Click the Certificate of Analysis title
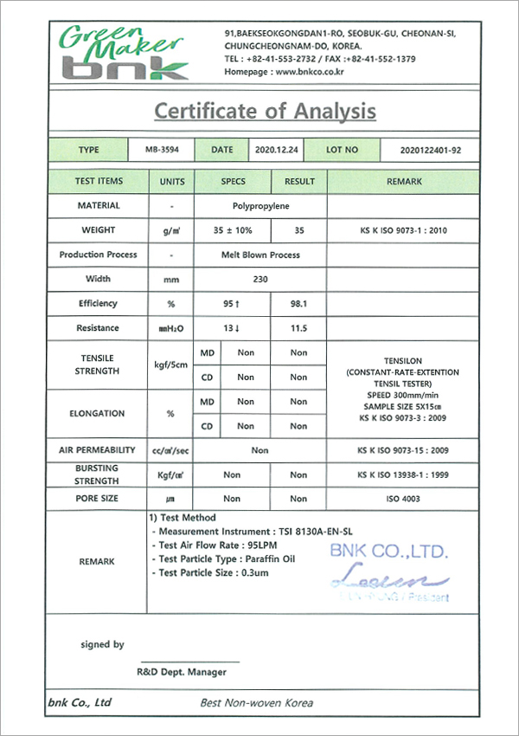tap(265, 111)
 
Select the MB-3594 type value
tap(163, 150)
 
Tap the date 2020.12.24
tap(277, 150)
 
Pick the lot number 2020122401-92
tap(431, 150)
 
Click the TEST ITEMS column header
tap(99, 182)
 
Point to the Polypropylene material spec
tap(260, 206)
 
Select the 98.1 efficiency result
tap(298, 304)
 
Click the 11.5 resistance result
tap(298, 328)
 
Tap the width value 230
tap(260, 280)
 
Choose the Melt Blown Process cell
tap(260, 255)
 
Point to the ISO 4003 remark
tap(404, 499)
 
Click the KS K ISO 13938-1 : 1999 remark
tap(404, 475)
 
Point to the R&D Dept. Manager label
tap(182, 671)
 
